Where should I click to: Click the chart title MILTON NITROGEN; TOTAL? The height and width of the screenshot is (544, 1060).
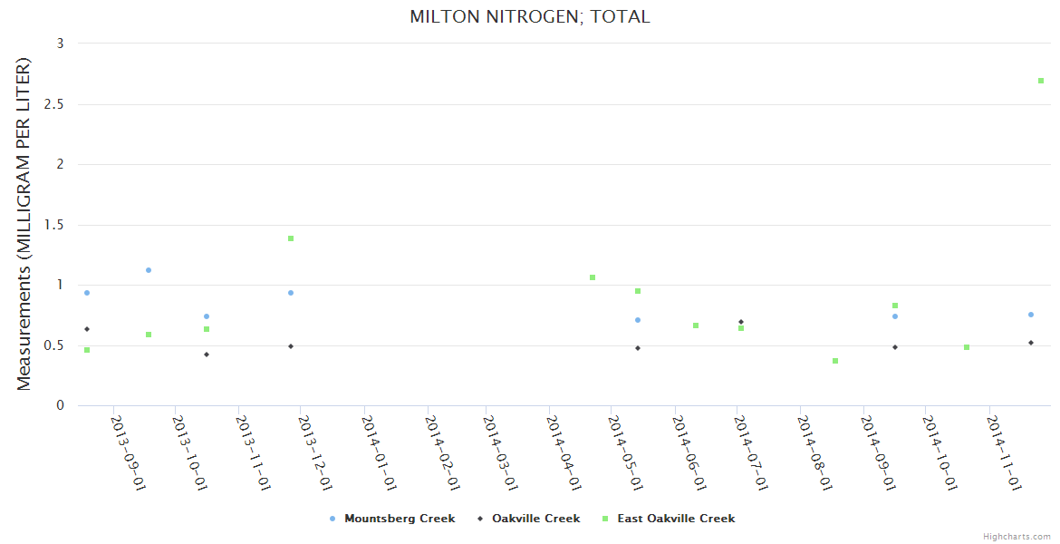point(530,16)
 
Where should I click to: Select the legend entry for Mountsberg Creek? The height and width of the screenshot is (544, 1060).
point(399,519)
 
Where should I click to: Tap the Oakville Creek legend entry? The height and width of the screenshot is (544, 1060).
point(535,519)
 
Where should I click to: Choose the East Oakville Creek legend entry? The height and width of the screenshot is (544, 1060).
point(675,519)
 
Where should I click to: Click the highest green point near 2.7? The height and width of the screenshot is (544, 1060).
point(1041,81)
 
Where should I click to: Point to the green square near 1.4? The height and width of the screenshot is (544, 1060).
point(291,238)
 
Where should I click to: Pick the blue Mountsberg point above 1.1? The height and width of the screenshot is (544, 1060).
point(149,270)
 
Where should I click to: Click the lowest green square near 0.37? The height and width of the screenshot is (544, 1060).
point(835,361)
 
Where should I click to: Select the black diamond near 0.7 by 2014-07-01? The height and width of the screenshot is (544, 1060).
point(741,322)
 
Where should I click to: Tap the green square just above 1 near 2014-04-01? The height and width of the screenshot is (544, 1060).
point(593,277)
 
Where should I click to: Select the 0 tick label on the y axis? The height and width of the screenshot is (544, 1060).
point(61,405)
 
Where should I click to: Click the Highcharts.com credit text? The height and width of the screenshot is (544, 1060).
point(1017,537)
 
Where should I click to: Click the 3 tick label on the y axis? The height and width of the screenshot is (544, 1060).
point(60,44)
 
